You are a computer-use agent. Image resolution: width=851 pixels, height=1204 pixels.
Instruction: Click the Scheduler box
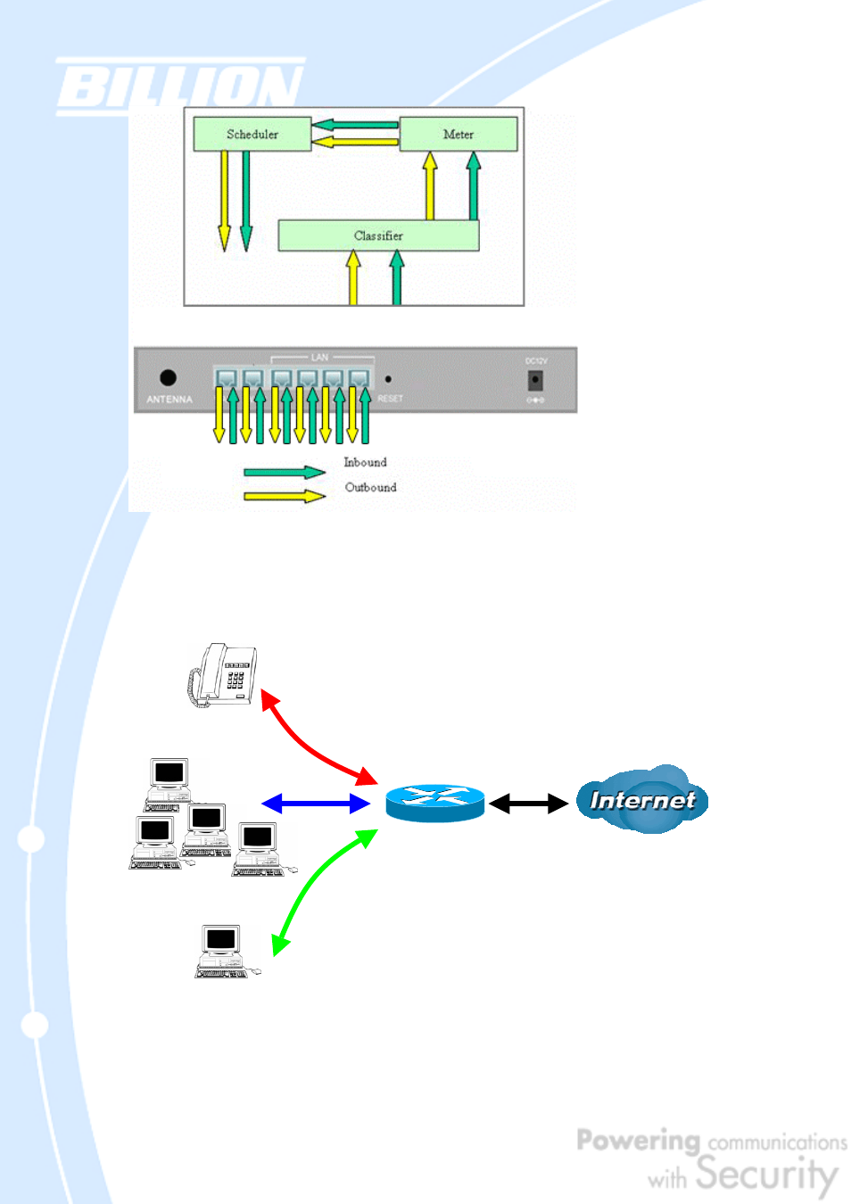click(x=252, y=135)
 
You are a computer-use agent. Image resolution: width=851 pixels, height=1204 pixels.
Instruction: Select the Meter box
click(x=459, y=135)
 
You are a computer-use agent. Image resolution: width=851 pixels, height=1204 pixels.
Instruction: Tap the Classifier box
click(x=378, y=235)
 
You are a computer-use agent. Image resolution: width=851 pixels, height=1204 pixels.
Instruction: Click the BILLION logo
click(x=179, y=87)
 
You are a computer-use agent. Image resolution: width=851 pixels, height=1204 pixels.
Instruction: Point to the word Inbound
click(x=366, y=462)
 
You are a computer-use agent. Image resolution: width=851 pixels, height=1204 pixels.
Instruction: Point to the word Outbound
click(x=371, y=487)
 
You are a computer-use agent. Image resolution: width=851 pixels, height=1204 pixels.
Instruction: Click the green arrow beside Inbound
click(x=285, y=472)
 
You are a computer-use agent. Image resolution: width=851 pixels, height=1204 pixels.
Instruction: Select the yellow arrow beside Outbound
click(x=285, y=496)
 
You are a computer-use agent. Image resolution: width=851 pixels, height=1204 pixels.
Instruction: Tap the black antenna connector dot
click(x=168, y=377)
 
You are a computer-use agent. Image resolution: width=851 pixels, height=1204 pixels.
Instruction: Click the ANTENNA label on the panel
click(x=169, y=400)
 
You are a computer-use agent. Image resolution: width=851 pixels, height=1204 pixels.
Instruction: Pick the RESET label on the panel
click(x=390, y=399)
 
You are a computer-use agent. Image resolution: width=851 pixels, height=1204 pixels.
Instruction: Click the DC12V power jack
click(x=535, y=380)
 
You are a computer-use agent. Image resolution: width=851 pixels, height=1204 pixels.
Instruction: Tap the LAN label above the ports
click(x=319, y=358)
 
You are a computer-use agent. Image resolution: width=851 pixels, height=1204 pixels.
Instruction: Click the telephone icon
click(x=223, y=674)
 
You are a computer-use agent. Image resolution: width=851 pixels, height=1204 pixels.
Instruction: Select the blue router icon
click(x=435, y=803)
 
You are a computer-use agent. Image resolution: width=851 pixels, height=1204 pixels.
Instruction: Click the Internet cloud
click(x=642, y=800)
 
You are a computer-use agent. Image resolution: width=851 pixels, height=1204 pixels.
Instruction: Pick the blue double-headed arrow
click(x=316, y=804)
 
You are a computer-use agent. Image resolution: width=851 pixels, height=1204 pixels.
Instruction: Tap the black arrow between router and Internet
click(x=528, y=804)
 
